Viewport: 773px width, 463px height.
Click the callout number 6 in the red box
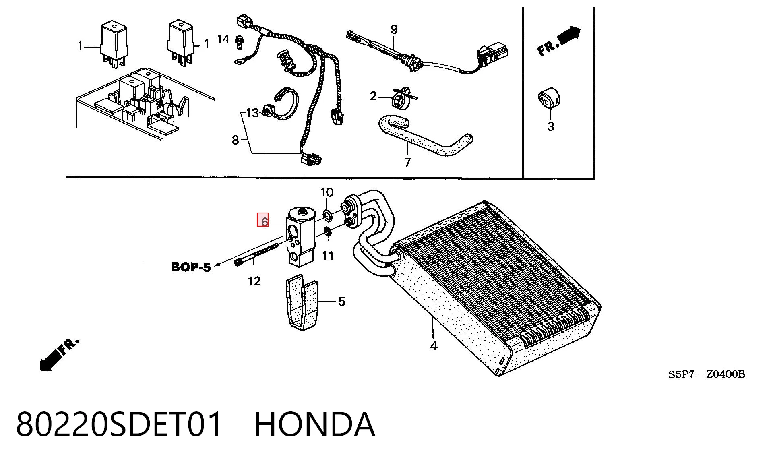pyautogui.click(x=265, y=222)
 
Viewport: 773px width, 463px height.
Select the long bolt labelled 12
pyautogui.click(x=257, y=254)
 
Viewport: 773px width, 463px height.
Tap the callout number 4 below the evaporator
pyautogui.click(x=434, y=346)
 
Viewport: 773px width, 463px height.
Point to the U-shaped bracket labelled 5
pyautogui.click(x=302, y=302)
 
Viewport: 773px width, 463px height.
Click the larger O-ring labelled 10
pyautogui.click(x=327, y=215)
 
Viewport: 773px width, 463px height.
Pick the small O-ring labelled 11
pyautogui.click(x=328, y=232)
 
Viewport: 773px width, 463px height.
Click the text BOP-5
pyautogui.click(x=191, y=267)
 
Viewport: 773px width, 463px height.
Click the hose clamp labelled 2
pyautogui.click(x=401, y=98)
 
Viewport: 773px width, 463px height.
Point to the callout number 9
pyautogui.click(x=394, y=29)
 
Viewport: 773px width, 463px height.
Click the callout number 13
pyautogui.click(x=252, y=113)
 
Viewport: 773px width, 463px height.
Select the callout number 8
pyautogui.click(x=236, y=140)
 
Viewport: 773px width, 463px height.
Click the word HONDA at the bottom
pyautogui.click(x=315, y=424)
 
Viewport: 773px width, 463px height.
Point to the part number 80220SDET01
pyautogui.click(x=119, y=424)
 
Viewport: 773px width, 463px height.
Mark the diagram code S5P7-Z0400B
pyautogui.click(x=707, y=374)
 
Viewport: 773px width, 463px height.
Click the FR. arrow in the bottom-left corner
pyautogui.click(x=59, y=355)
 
